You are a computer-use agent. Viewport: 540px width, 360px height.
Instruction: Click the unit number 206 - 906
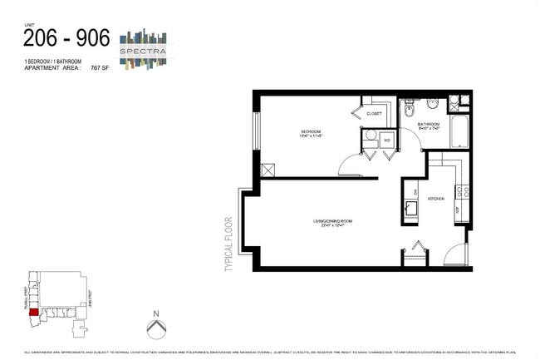pyautogui.click(x=66, y=38)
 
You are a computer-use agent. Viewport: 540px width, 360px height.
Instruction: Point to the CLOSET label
pyautogui.click(x=374, y=113)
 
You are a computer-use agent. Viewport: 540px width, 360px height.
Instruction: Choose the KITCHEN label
pyautogui.click(x=436, y=199)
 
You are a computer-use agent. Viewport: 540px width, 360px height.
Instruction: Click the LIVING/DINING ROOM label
pyautogui.click(x=332, y=220)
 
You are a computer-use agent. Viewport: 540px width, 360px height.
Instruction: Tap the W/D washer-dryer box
pyautogui.click(x=387, y=141)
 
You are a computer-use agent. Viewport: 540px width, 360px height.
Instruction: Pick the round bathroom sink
pyautogui.click(x=433, y=105)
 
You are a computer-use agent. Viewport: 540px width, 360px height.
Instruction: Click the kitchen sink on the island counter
pyautogui.click(x=410, y=208)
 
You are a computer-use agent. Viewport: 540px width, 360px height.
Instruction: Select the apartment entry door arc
pyautogui.click(x=455, y=253)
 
